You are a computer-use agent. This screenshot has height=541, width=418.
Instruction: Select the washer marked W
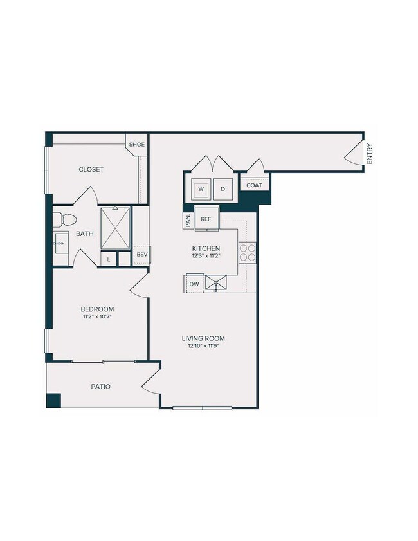(x=201, y=189)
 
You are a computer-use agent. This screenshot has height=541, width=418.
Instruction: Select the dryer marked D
(x=223, y=189)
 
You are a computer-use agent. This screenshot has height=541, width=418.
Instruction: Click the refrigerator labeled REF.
(x=206, y=219)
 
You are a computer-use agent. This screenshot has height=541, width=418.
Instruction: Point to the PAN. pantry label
(x=187, y=220)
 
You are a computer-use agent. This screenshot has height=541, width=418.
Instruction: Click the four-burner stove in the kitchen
(x=248, y=252)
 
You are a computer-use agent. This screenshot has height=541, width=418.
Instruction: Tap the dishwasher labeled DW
(x=194, y=284)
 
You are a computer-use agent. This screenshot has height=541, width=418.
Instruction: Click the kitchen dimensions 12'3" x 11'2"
(x=206, y=256)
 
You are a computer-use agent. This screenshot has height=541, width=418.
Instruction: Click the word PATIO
(x=100, y=387)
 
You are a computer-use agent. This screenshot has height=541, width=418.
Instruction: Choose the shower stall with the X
(x=115, y=229)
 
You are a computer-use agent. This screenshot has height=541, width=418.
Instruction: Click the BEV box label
(x=142, y=255)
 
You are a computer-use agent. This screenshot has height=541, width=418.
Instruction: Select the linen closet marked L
(x=109, y=259)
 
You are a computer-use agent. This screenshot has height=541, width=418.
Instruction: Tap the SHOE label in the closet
(x=136, y=145)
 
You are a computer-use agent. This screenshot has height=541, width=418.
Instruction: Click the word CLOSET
(x=91, y=169)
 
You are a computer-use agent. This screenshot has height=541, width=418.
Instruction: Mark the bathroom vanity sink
(x=62, y=244)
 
